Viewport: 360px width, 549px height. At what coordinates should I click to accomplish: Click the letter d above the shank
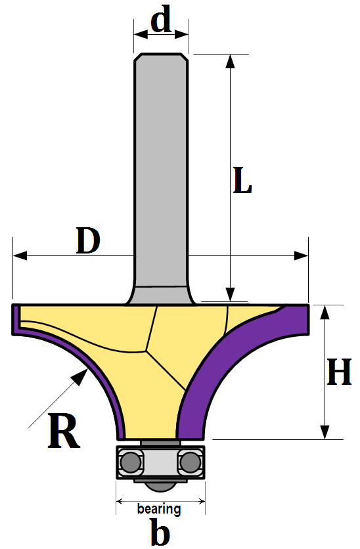point(162,18)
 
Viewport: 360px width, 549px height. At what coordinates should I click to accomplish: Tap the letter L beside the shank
point(242,181)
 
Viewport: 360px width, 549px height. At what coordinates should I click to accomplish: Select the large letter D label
point(88,240)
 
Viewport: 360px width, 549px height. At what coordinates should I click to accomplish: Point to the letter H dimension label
point(339,372)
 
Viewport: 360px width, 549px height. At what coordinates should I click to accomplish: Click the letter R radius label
point(64,430)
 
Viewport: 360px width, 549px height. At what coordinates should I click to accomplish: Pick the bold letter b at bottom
point(160,532)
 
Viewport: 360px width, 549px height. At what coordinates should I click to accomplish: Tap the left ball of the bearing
point(130,462)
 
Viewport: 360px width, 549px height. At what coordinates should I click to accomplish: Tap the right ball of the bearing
point(191,462)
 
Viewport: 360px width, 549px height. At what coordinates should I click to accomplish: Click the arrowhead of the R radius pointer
point(80,377)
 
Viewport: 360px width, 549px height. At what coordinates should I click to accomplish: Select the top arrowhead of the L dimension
point(230,60)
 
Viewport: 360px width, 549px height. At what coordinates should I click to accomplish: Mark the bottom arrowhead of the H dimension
point(325,432)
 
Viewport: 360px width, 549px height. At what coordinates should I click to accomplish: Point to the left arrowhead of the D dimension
point(20,255)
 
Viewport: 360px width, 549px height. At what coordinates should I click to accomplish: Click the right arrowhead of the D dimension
point(301,255)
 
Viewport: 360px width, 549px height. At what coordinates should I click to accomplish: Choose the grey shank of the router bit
point(161,175)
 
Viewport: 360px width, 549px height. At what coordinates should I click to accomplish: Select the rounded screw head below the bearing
point(160,485)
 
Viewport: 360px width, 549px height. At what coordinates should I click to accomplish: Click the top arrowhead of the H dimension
point(325,312)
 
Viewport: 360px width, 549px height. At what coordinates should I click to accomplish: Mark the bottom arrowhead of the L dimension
point(230,294)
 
